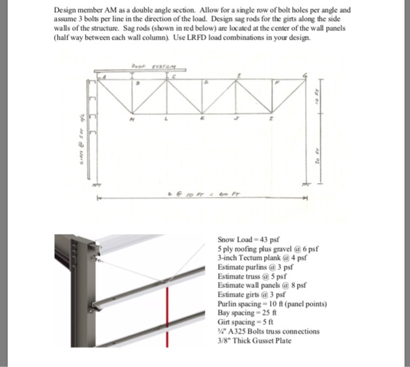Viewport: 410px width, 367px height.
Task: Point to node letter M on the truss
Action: click(131, 117)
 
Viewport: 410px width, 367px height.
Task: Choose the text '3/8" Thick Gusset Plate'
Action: click(254, 341)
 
